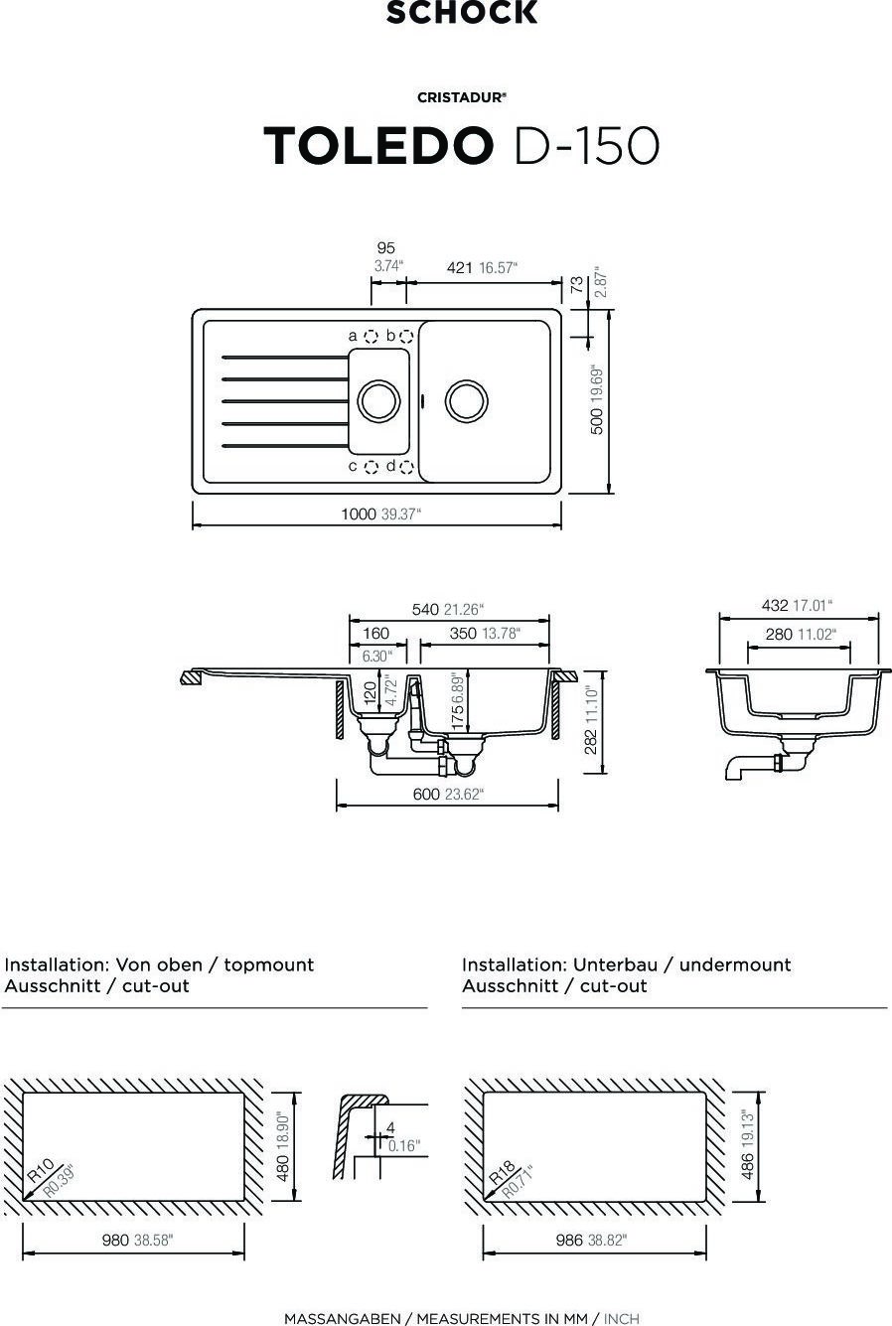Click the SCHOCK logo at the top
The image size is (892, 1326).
(x=462, y=12)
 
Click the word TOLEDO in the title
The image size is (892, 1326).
(x=378, y=145)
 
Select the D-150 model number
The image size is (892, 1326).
(x=587, y=145)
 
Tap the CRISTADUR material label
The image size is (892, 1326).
(x=462, y=97)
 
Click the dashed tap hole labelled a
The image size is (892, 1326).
(x=372, y=337)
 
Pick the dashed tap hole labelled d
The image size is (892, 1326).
(x=406, y=468)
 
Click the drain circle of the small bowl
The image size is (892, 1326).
(x=378, y=400)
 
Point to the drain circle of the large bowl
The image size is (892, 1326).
(x=467, y=400)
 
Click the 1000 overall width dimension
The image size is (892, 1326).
(x=359, y=514)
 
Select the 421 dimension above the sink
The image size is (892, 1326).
(x=459, y=268)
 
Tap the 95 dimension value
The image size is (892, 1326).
(x=386, y=248)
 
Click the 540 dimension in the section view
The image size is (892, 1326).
(x=425, y=610)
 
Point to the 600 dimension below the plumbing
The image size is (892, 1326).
(x=426, y=795)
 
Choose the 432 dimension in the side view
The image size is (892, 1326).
(x=775, y=606)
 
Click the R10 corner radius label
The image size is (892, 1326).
(x=41, y=1170)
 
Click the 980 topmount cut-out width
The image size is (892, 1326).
(x=115, y=1241)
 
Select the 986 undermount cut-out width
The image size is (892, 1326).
(x=569, y=1241)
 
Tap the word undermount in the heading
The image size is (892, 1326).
(x=735, y=964)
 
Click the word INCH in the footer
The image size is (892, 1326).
(x=622, y=1319)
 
